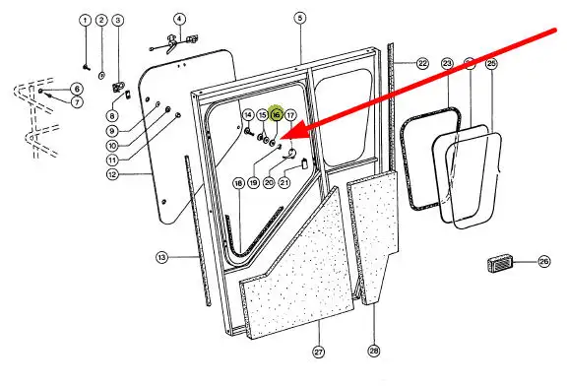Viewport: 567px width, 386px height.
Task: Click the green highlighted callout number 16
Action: (x=276, y=115)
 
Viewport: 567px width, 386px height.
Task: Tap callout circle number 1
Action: (x=86, y=20)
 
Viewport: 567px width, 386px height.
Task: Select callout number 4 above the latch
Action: (x=179, y=19)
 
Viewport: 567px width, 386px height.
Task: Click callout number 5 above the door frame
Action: (x=300, y=18)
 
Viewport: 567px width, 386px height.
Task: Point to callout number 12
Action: (x=112, y=174)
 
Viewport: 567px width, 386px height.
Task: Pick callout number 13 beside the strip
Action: (x=161, y=258)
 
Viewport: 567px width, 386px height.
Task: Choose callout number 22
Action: (x=422, y=63)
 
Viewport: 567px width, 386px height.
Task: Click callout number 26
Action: (x=543, y=261)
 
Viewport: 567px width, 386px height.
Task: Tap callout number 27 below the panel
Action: (x=319, y=352)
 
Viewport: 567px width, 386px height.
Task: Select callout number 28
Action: (x=374, y=351)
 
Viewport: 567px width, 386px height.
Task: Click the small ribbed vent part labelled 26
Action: (x=499, y=264)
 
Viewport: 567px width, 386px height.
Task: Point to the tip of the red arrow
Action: (x=281, y=138)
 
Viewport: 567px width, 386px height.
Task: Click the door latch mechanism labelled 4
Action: (x=173, y=42)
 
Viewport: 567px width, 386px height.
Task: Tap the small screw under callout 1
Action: (x=86, y=67)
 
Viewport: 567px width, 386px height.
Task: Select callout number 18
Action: (x=238, y=184)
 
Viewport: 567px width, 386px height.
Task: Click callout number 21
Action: (x=284, y=182)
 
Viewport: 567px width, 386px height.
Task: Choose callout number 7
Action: (x=77, y=102)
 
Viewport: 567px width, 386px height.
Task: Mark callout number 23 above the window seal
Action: (x=447, y=64)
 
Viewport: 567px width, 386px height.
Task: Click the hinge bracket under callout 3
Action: (x=118, y=87)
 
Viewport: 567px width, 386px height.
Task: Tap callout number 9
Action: (x=112, y=131)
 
